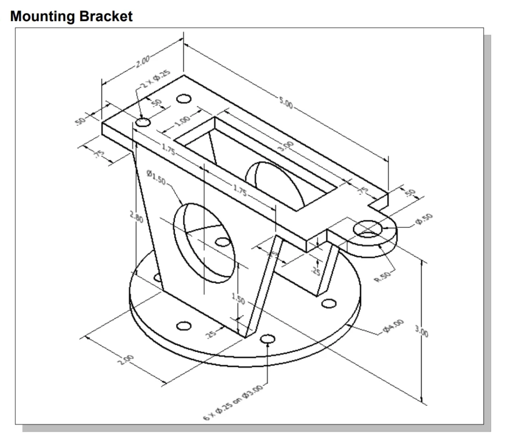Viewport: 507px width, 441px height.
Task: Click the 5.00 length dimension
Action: (286, 104)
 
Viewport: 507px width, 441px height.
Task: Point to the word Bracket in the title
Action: (102, 16)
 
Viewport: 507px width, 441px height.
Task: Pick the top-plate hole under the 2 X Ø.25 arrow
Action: (143, 123)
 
